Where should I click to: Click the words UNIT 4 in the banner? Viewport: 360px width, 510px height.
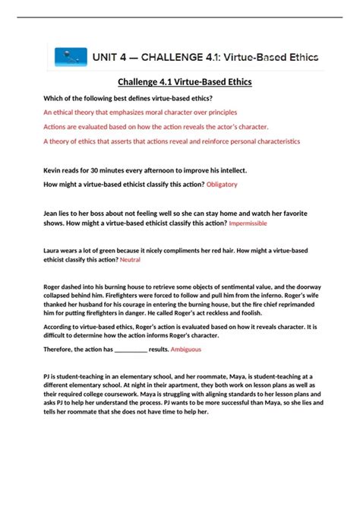click(111, 56)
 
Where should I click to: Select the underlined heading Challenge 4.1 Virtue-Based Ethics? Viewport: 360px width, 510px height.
click(179, 81)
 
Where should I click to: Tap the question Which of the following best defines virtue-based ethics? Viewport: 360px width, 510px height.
click(134, 97)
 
